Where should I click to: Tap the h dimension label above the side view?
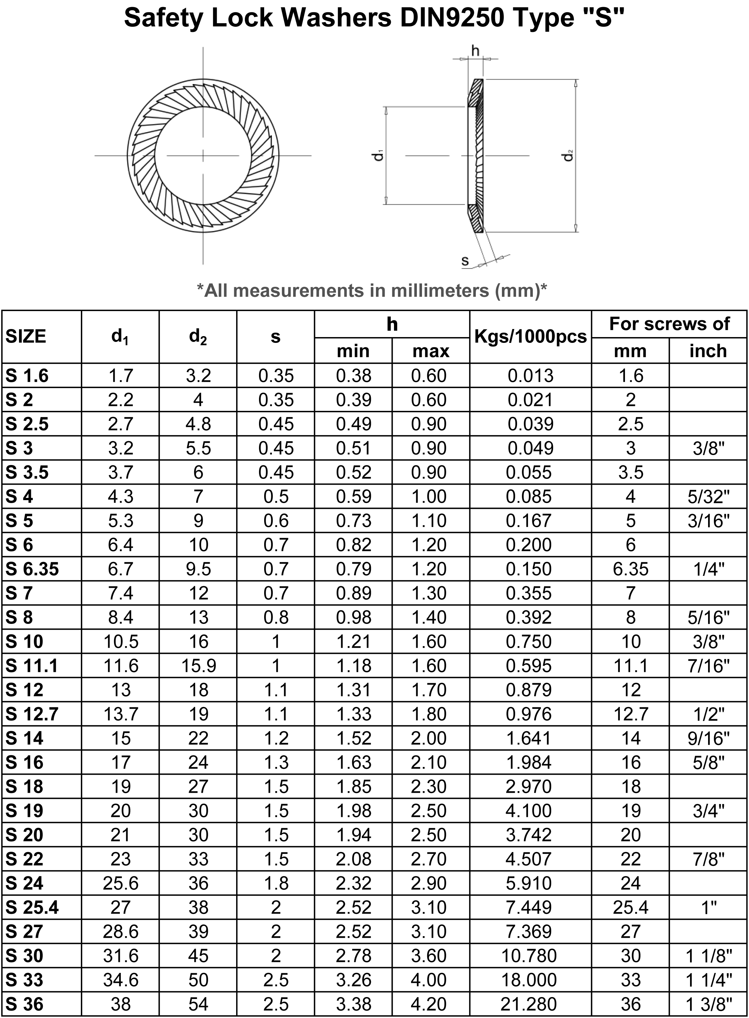(x=475, y=51)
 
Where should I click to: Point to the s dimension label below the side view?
(x=465, y=261)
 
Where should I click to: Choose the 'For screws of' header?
(x=669, y=324)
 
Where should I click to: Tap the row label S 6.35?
(x=32, y=569)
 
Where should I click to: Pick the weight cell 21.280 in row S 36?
(x=529, y=1004)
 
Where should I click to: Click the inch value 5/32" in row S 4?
(x=708, y=497)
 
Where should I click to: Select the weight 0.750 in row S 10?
(x=529, y=642)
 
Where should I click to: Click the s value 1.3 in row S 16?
(x=276, y=762)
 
